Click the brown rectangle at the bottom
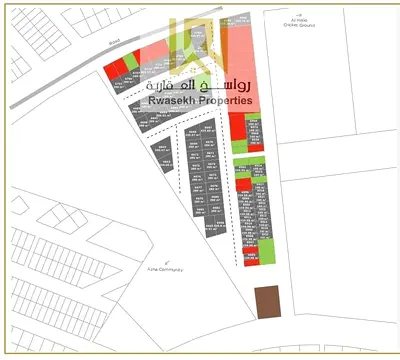tap(267, 303)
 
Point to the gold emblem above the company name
tap(199, 42)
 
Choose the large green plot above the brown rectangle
tap(266, 254)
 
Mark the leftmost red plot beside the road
tap(115, 68)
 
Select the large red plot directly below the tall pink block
tap(237, 126)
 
